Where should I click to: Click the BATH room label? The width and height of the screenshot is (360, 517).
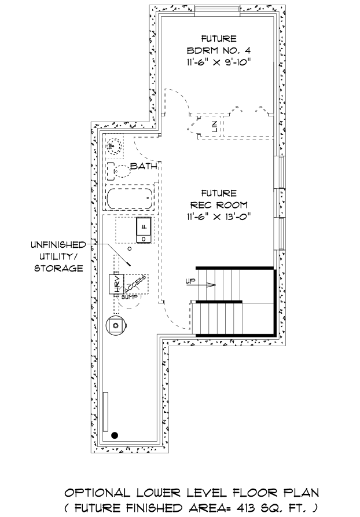click(x=144, y=166)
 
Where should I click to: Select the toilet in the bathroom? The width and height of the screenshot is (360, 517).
click(x=119, y=171)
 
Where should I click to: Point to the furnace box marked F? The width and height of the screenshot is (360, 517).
click(x=144, y=230)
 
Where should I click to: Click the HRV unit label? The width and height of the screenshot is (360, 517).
click(x=116, y=284)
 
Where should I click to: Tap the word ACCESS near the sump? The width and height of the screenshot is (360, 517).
click(x=135, y=284)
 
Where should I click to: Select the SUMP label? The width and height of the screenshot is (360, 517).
click(x=130, y=297)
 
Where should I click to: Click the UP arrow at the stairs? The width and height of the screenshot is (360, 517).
click(x=200, y=284)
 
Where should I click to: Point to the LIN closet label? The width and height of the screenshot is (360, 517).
click(x=214, y=126)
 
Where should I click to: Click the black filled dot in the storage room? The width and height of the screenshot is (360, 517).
click(x=115, y=435)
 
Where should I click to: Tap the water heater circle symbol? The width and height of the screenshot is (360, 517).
click(x=116, y=325)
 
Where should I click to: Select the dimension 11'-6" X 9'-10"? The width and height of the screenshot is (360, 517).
click(x=219, y=62)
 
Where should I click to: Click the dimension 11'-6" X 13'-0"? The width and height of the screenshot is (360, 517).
click(x=219, y=217)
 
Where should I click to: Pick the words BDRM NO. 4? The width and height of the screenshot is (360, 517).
click(x=219, y=50)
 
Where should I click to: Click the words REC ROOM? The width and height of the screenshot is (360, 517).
click(x=219, y=205)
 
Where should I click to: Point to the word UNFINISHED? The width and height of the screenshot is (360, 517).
click(x=58, y=245)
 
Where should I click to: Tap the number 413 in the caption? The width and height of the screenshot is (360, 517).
click(x=250, y=507)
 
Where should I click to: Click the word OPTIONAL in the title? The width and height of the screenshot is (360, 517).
click(x=97, y=493)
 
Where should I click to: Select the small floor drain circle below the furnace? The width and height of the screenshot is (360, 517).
click(x=130, y=248)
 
